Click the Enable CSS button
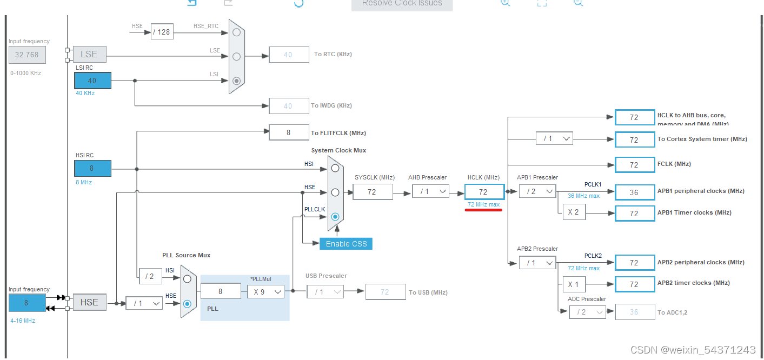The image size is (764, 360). [x=346, y=243]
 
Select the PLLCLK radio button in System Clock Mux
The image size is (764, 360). [x=335, y=216]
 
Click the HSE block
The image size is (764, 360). [x=89, y=302]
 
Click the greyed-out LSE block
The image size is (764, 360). [x=89, y=54]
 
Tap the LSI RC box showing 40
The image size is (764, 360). [x=92, y=81]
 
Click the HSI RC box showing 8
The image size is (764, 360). [x=92, y=168]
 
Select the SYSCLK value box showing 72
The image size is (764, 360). [x=373, y=191]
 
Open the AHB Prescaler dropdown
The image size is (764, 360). [x=430, y=191]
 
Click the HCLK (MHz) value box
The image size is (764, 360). [x=484, y=191]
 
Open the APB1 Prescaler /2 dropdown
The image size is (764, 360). [x=537, y=191]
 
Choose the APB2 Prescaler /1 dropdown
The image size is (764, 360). [x=537, y=263]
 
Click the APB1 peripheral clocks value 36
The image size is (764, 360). [x=634, y=191]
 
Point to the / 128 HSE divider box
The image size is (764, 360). [x=162, y=32]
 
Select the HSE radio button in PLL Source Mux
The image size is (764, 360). [x=187, y=303]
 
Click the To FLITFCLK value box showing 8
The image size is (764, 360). [x=289, y=132]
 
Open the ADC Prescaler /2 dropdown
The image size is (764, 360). [x=587, y=312]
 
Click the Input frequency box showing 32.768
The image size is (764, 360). [x=27, y=55]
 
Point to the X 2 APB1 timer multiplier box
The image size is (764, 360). [x=574, y=212]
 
